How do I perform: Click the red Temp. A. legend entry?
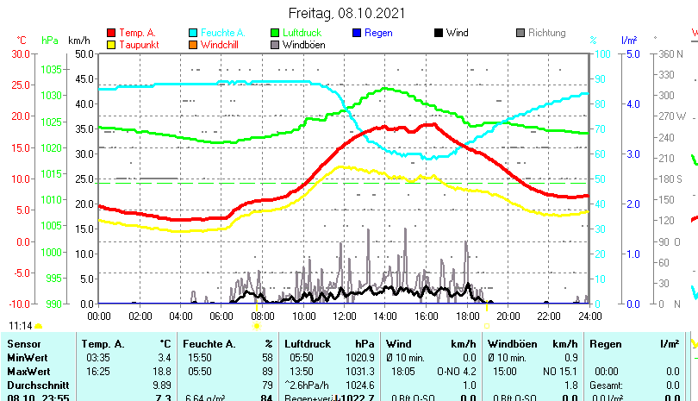(137, 33)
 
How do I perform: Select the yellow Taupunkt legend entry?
(136, 44)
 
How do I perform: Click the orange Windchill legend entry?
(221, 44)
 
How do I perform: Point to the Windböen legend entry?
(303, 44)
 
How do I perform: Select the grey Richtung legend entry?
(546, 33)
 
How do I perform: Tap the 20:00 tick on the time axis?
(508, 316)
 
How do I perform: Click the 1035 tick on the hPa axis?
(51, 69)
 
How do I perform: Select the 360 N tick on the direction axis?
(670, 53)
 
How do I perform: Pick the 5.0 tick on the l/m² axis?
(632, 53)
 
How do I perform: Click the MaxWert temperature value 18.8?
(162, 372)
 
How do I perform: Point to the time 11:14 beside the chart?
(21, 326)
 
